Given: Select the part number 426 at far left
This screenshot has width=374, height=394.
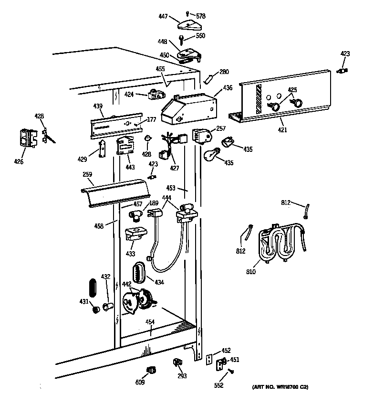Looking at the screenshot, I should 19,162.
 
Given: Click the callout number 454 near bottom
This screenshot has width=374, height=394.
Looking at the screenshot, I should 150,322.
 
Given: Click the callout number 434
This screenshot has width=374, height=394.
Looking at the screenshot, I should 159,282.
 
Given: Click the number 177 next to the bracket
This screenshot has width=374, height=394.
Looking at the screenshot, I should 151,119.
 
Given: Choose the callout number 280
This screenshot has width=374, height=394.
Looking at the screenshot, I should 224,72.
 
